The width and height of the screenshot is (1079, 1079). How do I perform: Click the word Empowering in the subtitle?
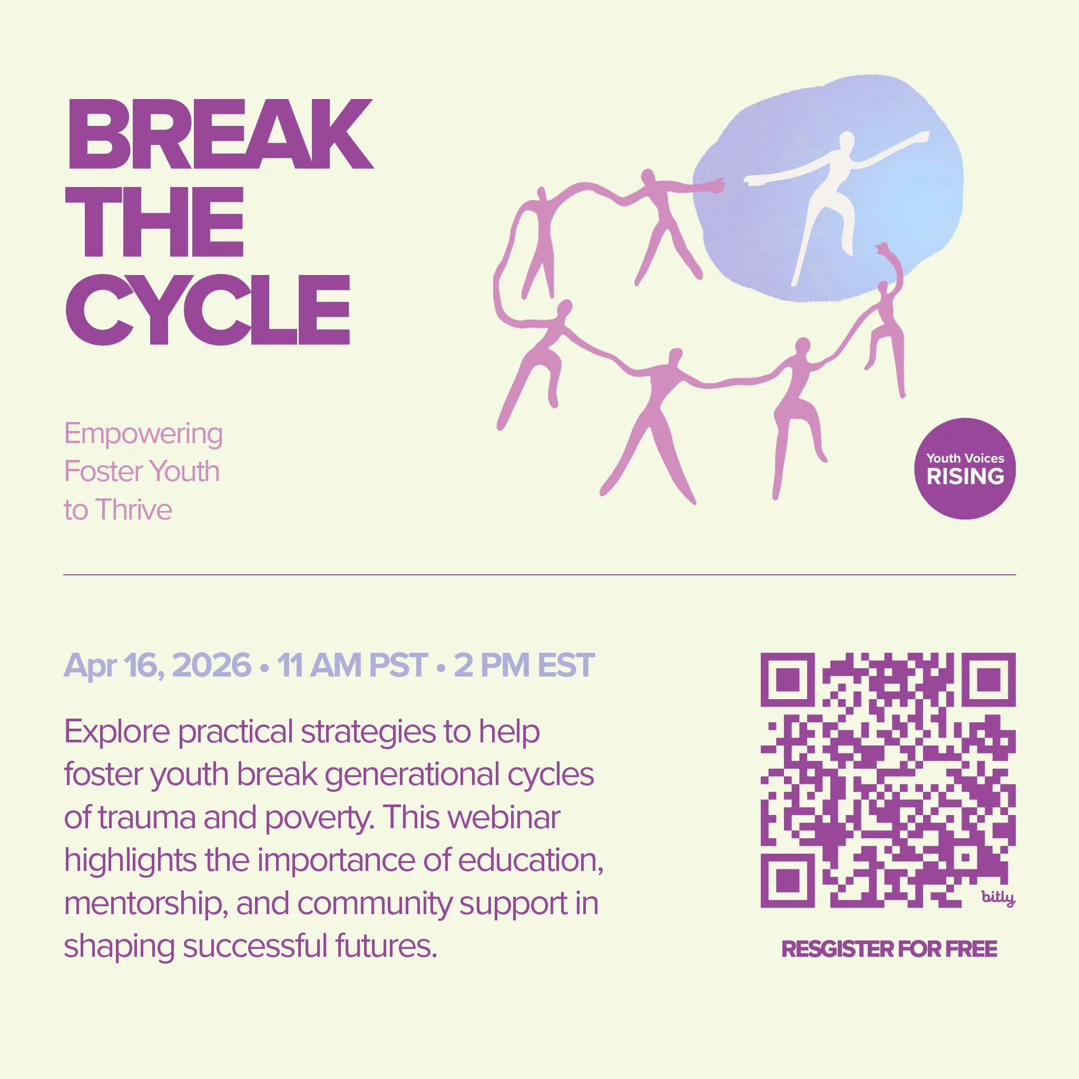pos(143,434)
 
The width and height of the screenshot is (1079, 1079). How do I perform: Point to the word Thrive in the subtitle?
pos(133,510)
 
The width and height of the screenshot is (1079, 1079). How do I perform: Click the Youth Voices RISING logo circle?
pos(965,468)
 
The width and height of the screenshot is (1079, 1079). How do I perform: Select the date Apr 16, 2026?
pos(158,665)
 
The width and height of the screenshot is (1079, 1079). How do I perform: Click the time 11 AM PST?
pos(352,665)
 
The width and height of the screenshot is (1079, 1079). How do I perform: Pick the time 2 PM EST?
pos(524,665)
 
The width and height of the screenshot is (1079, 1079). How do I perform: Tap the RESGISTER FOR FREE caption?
pos(889,949)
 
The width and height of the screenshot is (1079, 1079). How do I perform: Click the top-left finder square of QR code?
pos(788,680)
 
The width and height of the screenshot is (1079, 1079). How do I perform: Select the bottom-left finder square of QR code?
pos(788,881)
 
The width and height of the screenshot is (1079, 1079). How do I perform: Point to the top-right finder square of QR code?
pos(988,680)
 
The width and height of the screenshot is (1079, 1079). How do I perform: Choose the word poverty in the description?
pos(318,818)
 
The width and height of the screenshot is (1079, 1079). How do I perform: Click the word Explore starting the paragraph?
pos(117,732)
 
